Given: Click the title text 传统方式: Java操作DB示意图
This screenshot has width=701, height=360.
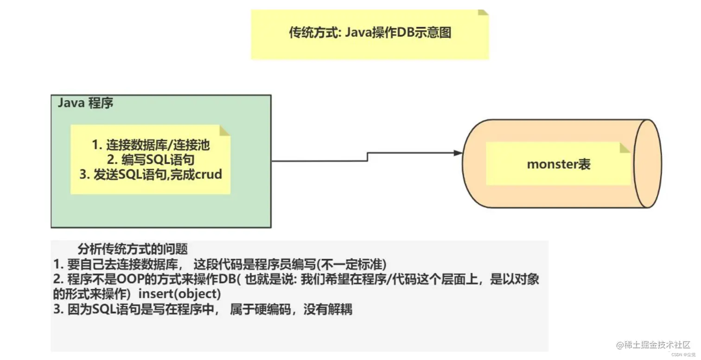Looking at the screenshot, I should coord(370,33).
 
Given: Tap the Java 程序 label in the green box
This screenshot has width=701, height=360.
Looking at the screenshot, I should coord(85,103).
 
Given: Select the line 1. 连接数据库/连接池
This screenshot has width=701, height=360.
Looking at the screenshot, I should coord(151,145).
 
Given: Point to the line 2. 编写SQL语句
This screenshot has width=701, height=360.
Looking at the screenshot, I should coord(151,160).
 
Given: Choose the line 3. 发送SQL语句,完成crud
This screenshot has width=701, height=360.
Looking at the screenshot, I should coord(151,174).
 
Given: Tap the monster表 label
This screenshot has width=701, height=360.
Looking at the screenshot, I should coord(559,164).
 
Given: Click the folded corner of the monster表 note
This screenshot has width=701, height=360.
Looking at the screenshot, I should coord(625,147).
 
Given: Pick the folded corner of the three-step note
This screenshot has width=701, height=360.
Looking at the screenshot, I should coord(225,130).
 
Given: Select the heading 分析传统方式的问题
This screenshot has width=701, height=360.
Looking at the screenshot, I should coord(133,249).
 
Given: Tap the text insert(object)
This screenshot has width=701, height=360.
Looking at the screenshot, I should coord(180,295).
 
